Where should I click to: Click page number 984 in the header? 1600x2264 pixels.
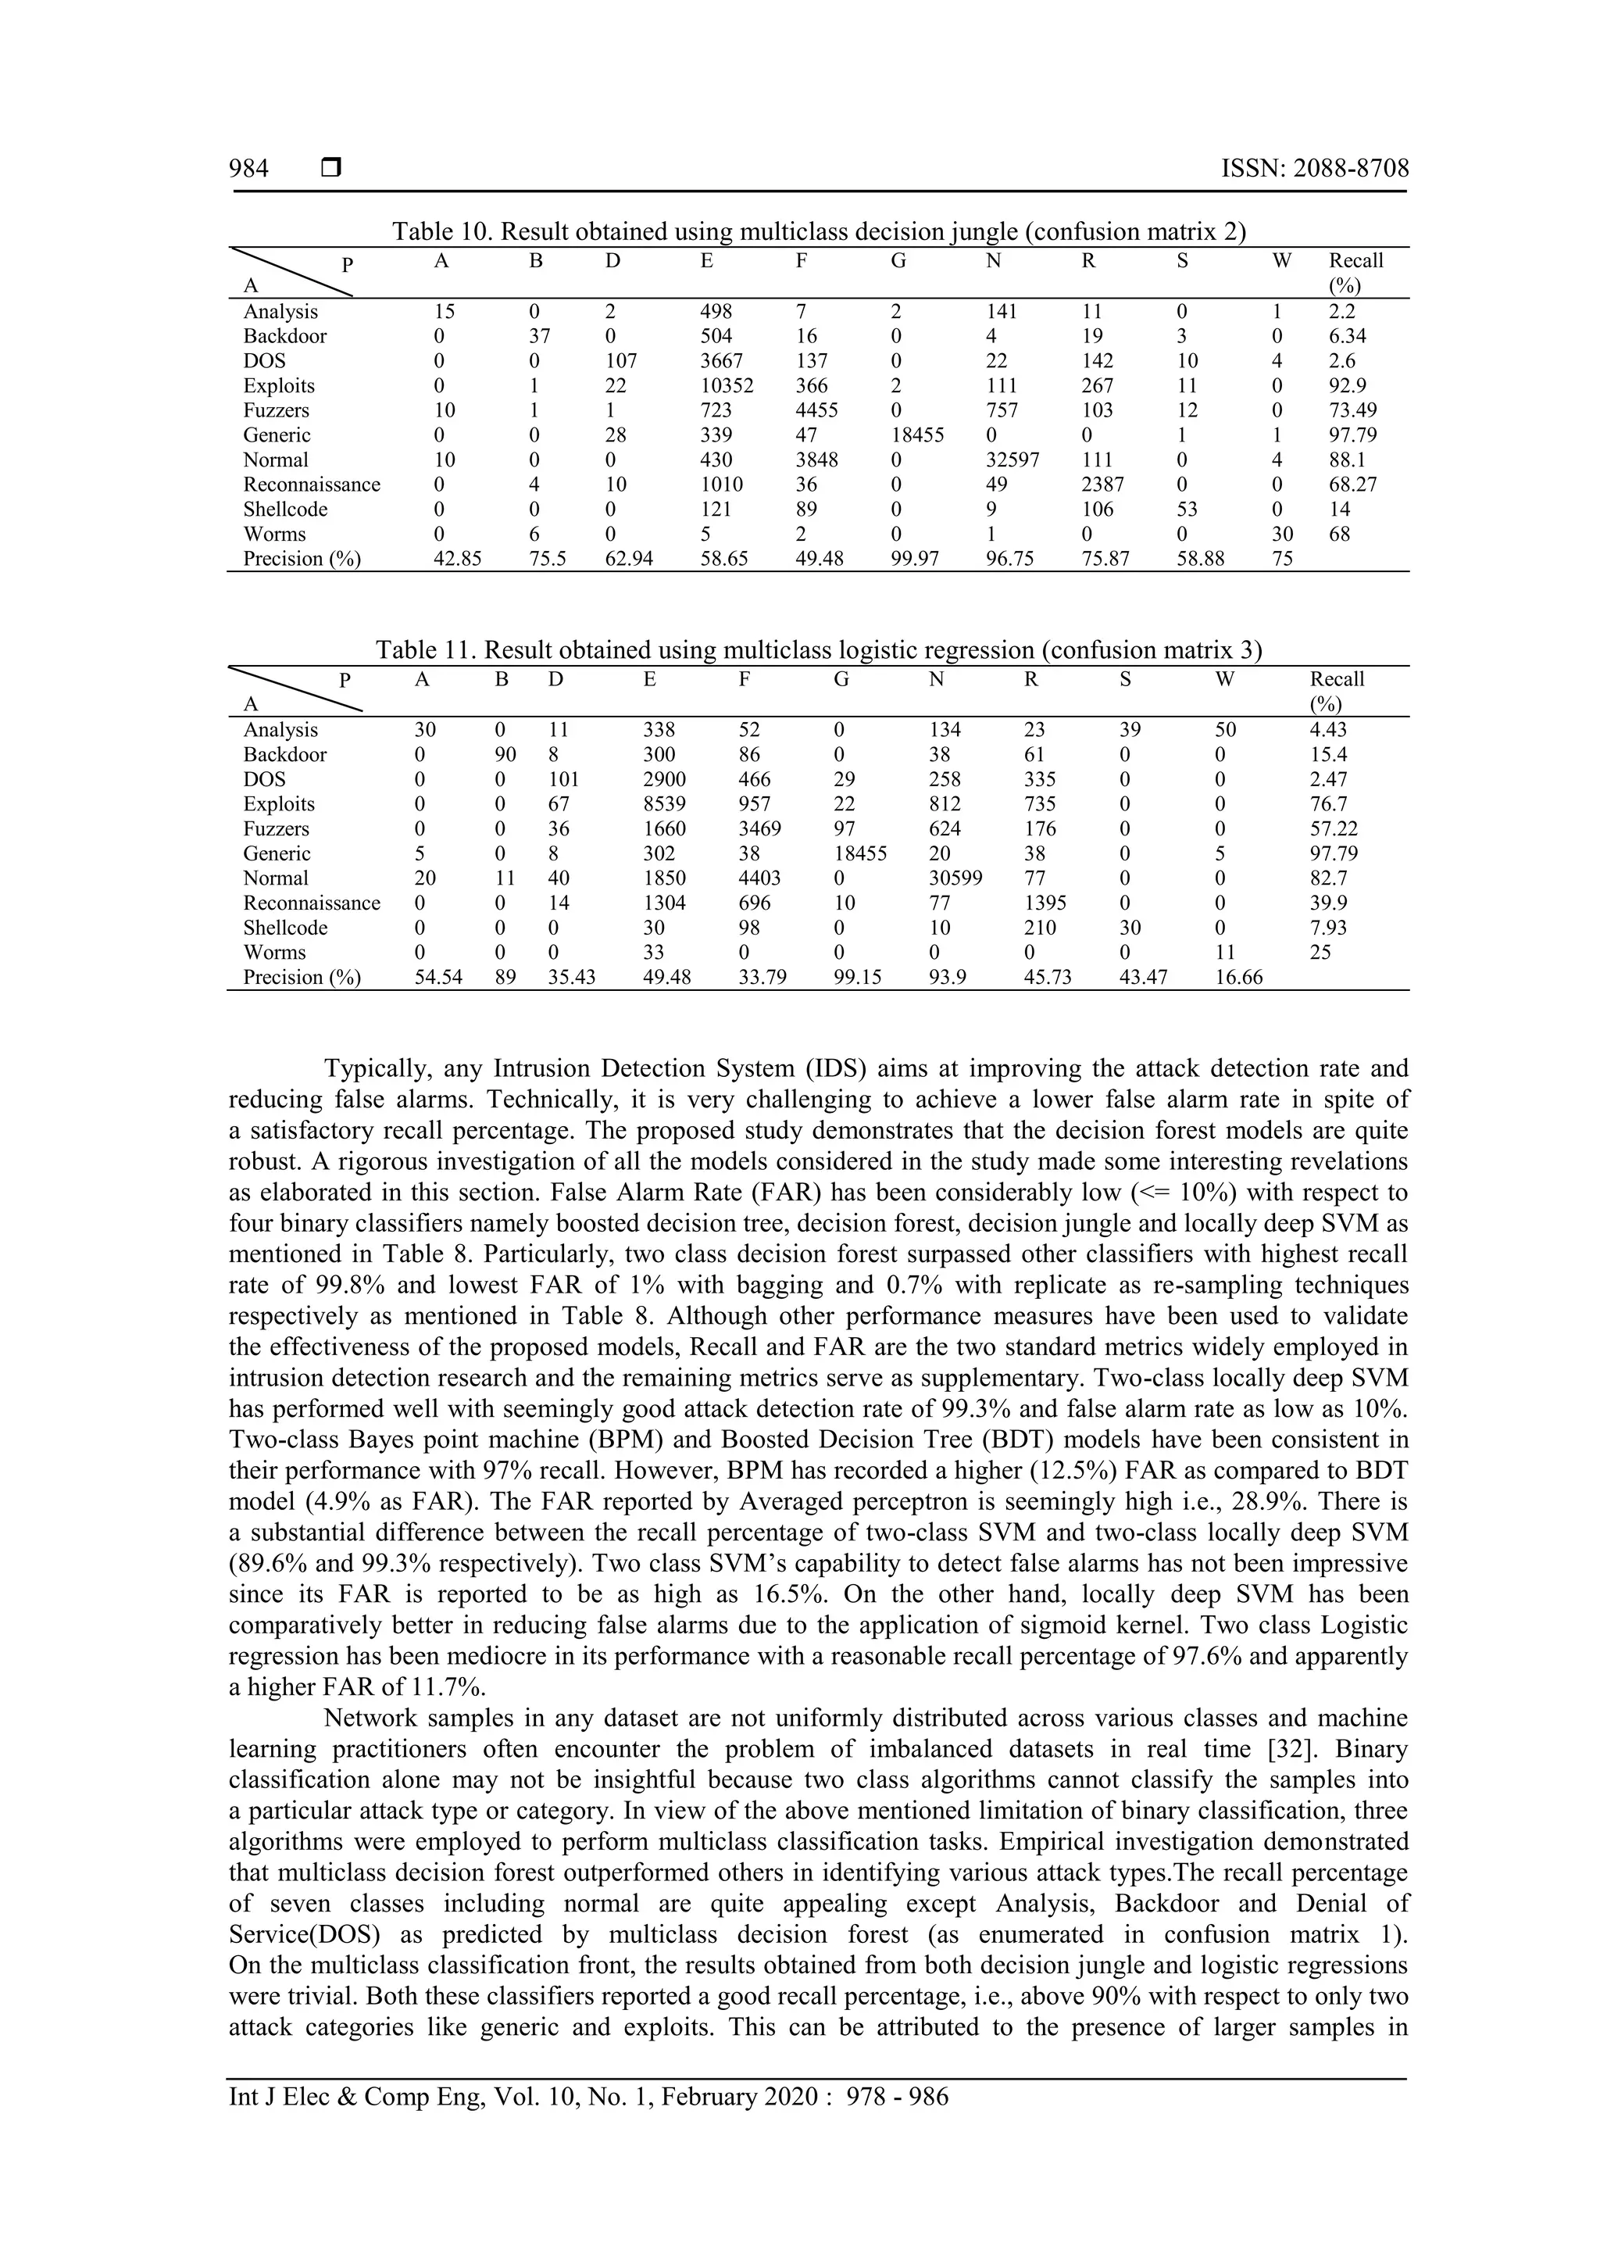pos(248,169)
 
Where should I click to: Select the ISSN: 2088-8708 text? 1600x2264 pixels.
pos(1314,169)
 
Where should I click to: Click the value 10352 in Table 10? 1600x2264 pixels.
pos(727,385)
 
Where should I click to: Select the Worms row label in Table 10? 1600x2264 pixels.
pos(274,535)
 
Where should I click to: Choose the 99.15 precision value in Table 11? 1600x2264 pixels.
pos(859,977)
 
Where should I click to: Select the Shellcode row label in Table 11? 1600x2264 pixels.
pos(285,928)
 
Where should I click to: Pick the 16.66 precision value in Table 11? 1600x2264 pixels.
pos(1238,977)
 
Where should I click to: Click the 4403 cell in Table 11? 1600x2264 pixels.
pos(760,878)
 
